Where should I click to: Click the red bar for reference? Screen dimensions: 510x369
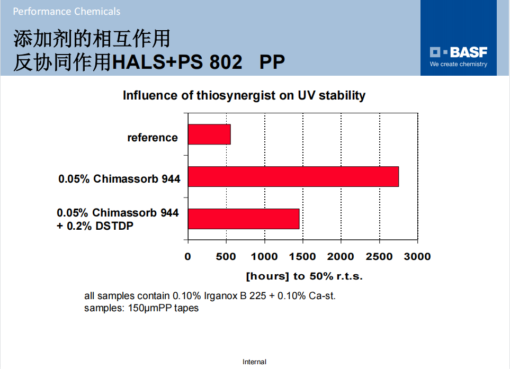pos(209,134)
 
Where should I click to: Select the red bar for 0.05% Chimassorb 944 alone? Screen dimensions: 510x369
pos(293,176)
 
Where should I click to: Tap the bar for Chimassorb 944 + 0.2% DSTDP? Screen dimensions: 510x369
pos(244,219)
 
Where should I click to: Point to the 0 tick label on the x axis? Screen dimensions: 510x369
pos(187,257)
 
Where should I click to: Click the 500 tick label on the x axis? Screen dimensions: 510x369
pos(226,257)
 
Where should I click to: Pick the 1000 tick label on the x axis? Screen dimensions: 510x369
pos(264,257)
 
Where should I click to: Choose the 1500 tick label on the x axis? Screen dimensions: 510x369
pos(302,257)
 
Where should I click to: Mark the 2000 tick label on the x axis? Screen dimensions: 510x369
pos(341,257)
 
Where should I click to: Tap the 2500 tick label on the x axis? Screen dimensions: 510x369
pos(379,257)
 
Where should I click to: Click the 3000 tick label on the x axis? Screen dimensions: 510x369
pos(417,257)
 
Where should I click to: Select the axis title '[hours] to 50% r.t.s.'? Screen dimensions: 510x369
pos(304,276)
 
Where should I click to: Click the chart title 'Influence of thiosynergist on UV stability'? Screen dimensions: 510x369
pos(244,96)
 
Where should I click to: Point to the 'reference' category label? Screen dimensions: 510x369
pos(153,138)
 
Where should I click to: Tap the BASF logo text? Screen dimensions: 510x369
pos(469,52)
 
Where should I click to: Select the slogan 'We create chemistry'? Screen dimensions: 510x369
pos(459,64)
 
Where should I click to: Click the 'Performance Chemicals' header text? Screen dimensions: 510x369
pos(67,11)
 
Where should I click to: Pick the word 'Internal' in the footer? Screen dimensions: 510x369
pos(254,362)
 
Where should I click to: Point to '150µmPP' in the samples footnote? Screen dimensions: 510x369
pos(150,308)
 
